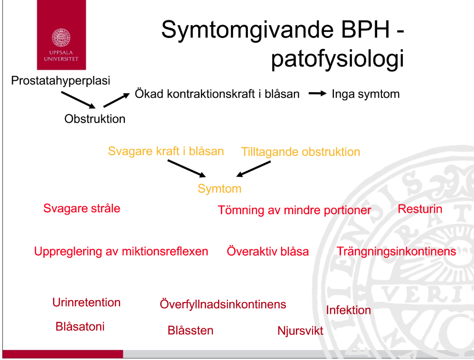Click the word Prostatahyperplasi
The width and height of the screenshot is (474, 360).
coord(61,80)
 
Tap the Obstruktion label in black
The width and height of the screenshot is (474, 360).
coord(95,119)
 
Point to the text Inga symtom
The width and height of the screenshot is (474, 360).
coord(365,94)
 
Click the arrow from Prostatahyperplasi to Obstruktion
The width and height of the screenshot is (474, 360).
coord(79,100)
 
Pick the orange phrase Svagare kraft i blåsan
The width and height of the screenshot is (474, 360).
coord(166,151)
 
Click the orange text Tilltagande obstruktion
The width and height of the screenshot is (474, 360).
coord(300,152)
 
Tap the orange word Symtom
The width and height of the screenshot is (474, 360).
coord(219,189)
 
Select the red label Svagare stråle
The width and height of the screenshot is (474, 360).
coord(82,208)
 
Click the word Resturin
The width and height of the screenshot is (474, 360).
coord(420,209)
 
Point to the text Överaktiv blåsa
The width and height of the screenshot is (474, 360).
coord(268,251)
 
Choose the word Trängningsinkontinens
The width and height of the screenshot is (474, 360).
coord(396,251)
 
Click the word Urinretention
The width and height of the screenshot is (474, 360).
coord(86,303)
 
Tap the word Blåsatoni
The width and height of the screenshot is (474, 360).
coord(80,327)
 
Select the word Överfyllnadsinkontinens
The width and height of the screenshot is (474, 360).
coord(223,304)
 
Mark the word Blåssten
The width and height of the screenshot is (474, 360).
coord(190,331)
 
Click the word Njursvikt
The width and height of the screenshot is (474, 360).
coord(300,331)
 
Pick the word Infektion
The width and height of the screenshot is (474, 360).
coord(348,310)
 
